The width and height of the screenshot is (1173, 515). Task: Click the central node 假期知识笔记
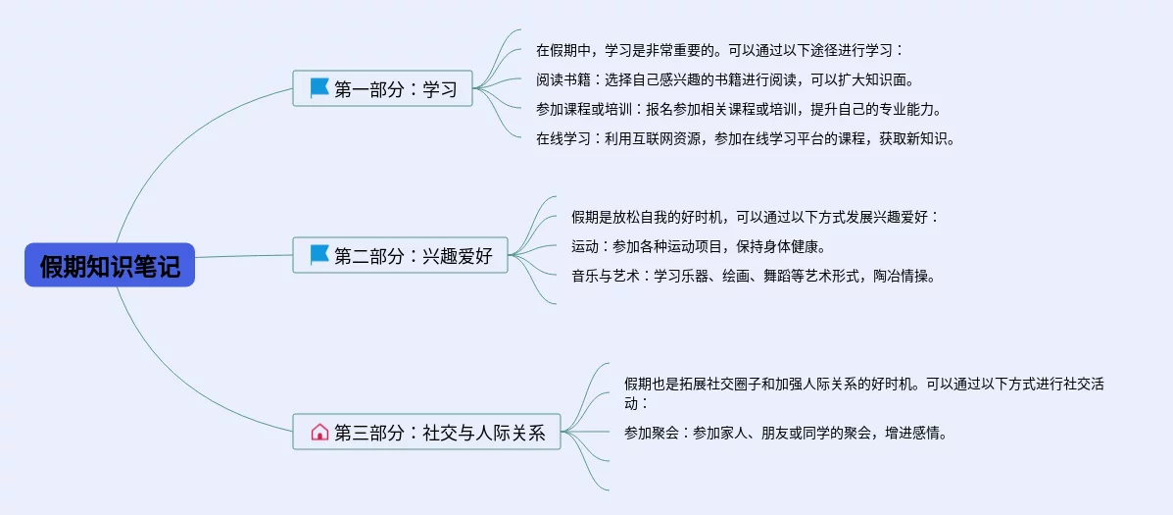(x=110, y=265)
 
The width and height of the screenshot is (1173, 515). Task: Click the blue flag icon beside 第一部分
(x=319, y=88)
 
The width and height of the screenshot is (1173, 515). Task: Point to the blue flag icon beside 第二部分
(x=319, y=256)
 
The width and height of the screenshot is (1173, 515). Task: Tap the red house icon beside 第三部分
(x=319, y=432)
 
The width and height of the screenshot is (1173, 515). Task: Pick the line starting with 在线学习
(x=745, y=138)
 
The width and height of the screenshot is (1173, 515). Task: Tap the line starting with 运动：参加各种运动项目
(x=698, y=246)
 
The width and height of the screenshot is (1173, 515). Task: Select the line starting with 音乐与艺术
(x=753, y=276)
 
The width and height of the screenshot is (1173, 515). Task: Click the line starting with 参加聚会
(x=785, y=432)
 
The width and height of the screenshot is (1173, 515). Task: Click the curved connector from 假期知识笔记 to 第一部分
(x=157, y=167)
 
